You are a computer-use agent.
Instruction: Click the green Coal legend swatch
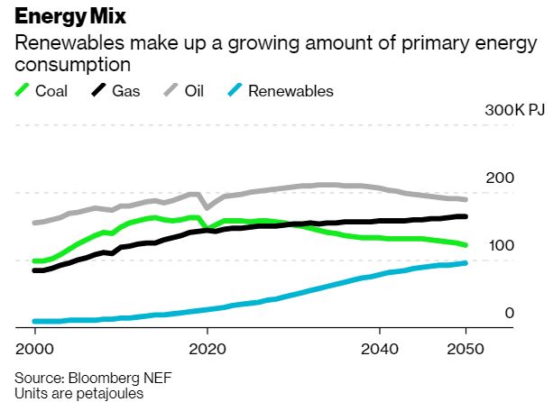(x=23, y=90)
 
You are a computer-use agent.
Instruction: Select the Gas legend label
(x=125, y=91)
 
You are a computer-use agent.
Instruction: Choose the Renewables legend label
(x=290, y=91)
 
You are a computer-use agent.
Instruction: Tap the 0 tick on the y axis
(x=509, y=313)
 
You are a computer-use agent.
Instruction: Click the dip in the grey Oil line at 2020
(x=207, y=207)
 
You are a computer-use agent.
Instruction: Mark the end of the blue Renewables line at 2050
(x=465, y=263)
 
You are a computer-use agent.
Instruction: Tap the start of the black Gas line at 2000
(x=34, y=270)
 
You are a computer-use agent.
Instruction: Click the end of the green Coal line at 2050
(x=465, y=244)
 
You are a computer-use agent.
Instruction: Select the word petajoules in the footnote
(x=95, y=392)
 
